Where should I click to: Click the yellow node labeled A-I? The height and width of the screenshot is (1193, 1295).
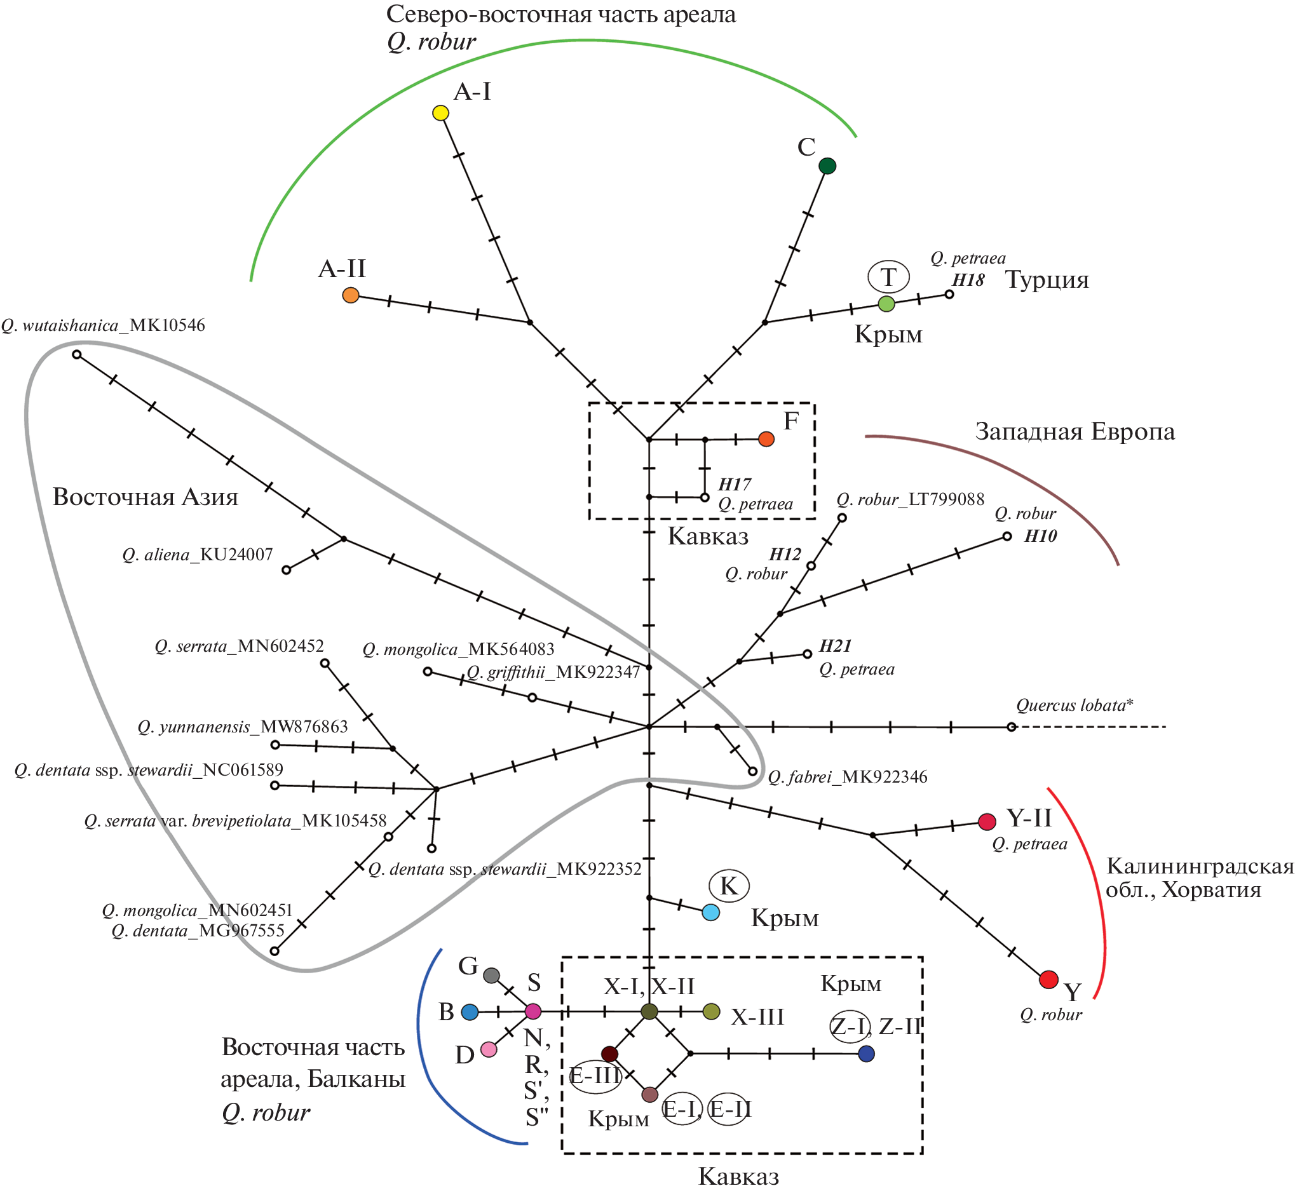440,113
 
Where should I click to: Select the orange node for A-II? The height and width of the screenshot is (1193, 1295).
351,295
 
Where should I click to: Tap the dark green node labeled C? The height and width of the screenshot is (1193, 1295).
827,166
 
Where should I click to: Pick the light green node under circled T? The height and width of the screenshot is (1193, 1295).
887,304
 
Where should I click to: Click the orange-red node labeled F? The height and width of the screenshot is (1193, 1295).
766,439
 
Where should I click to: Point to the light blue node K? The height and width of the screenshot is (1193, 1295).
710,912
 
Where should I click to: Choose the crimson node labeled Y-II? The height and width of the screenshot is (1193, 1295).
987,822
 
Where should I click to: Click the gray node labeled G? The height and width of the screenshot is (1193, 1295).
492,976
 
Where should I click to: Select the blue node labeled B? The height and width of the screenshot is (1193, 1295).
470,1012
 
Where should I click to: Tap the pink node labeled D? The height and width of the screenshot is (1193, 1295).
489,1049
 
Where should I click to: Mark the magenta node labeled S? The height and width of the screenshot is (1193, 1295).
533,1011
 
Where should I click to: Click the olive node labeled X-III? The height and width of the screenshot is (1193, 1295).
711,1011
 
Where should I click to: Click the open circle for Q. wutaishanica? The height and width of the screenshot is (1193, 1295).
77,354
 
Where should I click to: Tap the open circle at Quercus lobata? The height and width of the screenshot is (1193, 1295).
1012,727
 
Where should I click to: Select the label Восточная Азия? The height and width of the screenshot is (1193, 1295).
146,497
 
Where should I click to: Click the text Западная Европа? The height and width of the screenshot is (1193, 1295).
1075,431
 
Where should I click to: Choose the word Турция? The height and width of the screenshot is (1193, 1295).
1047,280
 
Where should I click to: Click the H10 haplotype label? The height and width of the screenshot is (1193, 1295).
1041,536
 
